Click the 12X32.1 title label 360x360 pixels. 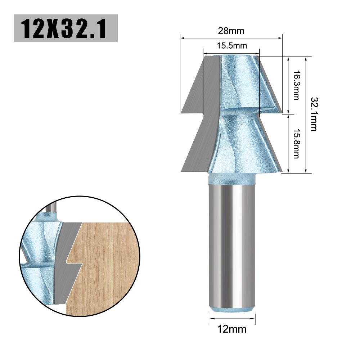[66, 28]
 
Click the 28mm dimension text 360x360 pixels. [231, 31]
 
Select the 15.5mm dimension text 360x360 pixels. [231, 46]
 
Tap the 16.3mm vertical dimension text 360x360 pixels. [296, 85]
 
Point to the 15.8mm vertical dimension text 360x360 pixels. [296, 144]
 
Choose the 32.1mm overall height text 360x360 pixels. [314, 114]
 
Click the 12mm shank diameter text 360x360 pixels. [232, 329]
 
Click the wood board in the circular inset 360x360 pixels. [108, 266]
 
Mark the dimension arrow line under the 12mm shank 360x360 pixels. [232, 318]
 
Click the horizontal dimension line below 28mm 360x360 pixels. [231, 37]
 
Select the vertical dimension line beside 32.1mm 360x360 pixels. [306, 114]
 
